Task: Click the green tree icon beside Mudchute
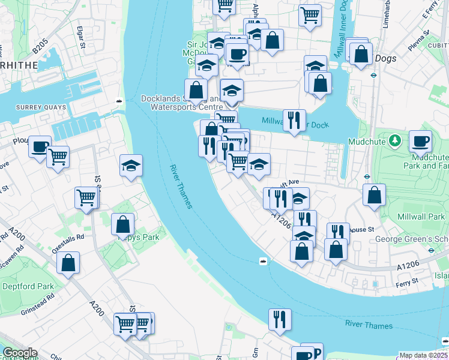pos(394,141)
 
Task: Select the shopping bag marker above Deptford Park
pos(68,263)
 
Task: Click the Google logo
pos(19,353)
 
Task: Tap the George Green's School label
pos(412,239)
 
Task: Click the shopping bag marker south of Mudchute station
pos(374,195)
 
